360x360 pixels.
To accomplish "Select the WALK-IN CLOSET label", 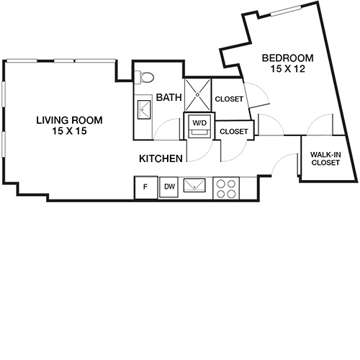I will [x=325, y=158].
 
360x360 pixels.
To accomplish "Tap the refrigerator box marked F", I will [x=145, y=188].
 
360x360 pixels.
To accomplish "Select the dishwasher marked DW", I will [x=168, y=188].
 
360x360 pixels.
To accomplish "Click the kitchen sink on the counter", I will [x=195, y=187].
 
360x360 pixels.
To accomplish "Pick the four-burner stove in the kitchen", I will [x=228, y=188].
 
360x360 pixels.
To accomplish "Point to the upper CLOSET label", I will [x=229, y=99].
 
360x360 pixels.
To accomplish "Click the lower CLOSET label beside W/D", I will [x=233, y=132].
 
